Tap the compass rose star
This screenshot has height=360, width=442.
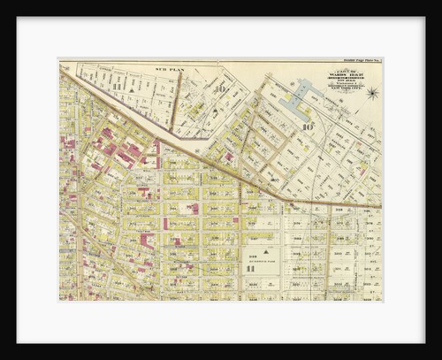pyautogui.click(x=372, y=93)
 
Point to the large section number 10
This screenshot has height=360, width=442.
pyautogui.click(x=308, y=126)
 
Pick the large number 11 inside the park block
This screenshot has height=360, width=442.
pyautogui.click(x=250, y=268)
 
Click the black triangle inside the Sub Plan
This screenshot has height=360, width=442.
pyautogui.click(x=132, y=89)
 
